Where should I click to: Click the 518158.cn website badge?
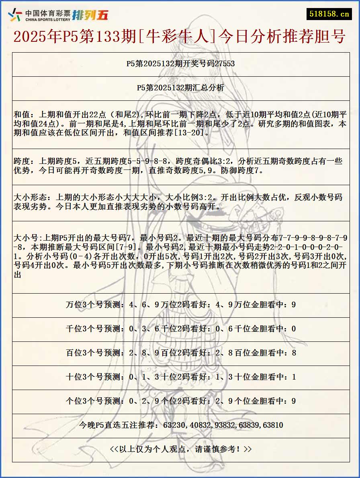(x=329, y=14)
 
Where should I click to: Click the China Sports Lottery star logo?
(x=15, y=15)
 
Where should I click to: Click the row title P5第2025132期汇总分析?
(x=180, y=88)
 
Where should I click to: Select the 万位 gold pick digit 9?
(x=293, y=305)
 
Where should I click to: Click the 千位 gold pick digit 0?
(x=293, y=329)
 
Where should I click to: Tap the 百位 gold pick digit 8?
(x=293, y=353)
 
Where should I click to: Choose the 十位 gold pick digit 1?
(x=293, y=377)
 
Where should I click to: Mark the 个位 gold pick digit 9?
(x=293, y=401)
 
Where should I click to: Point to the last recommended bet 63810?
(x=273, y=425)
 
